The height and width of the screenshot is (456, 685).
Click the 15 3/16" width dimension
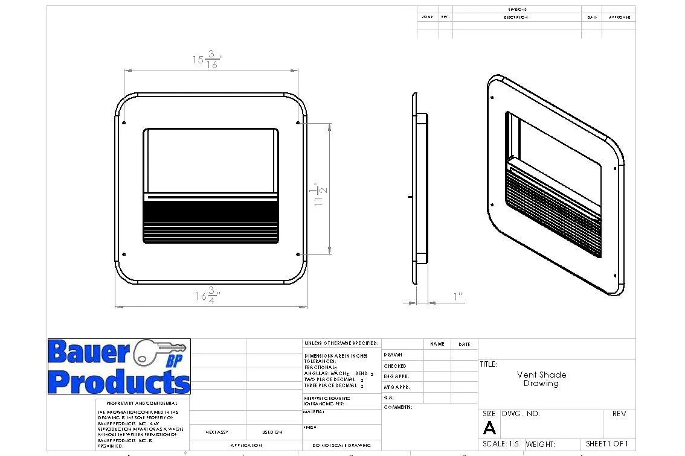click(x=208, y=60)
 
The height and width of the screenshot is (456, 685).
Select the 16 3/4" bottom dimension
click(x=208, y=296)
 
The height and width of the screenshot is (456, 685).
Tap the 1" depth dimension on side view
click(x=458, y=296)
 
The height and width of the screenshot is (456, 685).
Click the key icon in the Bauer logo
click(x=153, y=351)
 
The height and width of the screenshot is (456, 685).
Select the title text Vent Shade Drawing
click(x=541, y=379)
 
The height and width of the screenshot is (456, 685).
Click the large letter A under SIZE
click(x=489, y=428)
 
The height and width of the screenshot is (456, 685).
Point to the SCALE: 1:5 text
click(x=501, y=444)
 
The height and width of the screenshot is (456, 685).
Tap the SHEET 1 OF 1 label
click(x=606, y=444)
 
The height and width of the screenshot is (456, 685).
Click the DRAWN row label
click(x=393, y=355)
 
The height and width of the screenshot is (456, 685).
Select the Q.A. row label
click(x=389, y=397)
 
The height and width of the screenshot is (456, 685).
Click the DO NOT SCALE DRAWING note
click(x=342, y=445)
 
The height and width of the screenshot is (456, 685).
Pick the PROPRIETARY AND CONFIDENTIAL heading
click(x=142, y=403)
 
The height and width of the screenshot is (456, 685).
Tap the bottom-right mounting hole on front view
click(x=298, y=253)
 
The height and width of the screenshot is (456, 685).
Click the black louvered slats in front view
click(x=211, y=220)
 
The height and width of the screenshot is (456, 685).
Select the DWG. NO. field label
click(x=521, y=414)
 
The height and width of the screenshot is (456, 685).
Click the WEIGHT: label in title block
click(x=540, y=445)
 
